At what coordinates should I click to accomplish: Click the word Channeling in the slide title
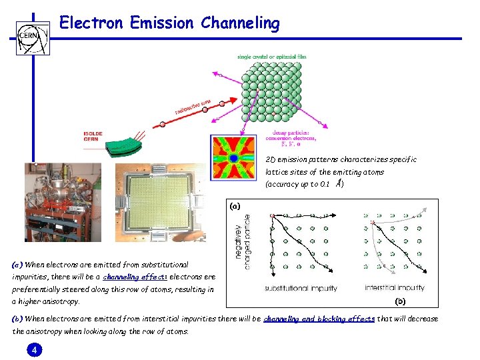[x=237, y=23]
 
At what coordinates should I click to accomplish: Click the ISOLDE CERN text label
[x=93, y=137]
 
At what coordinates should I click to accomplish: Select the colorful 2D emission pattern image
[x=233, y=157]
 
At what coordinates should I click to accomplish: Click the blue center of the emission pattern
[x=234, y=158]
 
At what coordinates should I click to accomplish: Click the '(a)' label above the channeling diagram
[x=235, y=206]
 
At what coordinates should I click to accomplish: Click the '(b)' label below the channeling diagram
[x=400, y=301]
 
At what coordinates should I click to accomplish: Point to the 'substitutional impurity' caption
[x=301, y=289]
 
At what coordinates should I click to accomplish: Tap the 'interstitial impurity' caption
[x=394, y=289]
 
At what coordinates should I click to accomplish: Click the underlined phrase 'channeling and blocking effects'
[x=319, y=319]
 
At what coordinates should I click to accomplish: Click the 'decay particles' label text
[x=284, y=134]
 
